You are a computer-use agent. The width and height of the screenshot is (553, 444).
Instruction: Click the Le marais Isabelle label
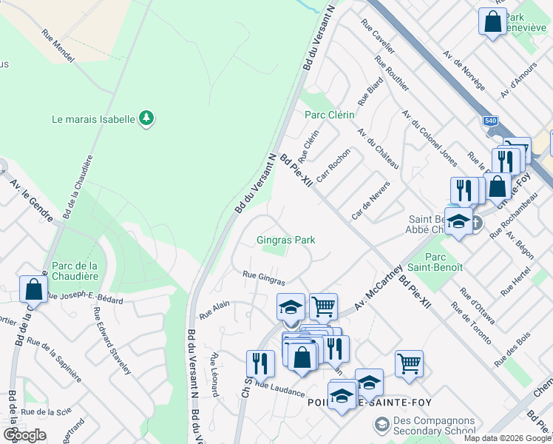pos(93,118)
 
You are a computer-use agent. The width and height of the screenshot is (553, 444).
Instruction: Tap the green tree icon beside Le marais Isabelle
pos(146,118)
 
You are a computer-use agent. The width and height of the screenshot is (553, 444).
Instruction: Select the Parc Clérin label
pos(330,115)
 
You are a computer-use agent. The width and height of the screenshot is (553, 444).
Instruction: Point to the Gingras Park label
pos(286,240)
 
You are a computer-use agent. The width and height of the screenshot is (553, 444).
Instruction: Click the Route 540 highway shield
pos(491,121)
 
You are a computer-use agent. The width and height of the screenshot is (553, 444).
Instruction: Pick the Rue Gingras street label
pos(264,278)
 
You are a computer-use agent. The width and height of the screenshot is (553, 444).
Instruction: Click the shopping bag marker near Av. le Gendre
pos(34,289)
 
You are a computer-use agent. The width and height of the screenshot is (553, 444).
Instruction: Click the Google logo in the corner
pos(24,434)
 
